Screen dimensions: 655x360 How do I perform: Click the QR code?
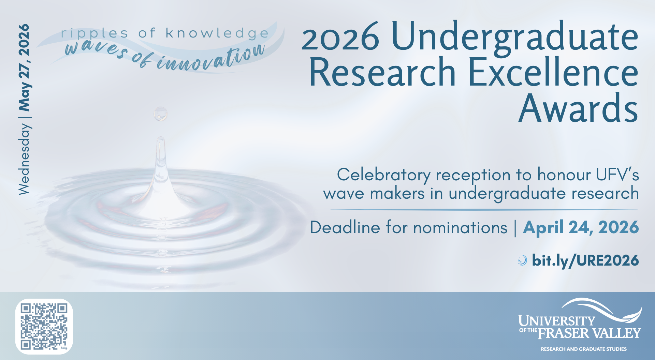pos(44,326)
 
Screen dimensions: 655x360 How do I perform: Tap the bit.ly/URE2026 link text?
pos(585,261)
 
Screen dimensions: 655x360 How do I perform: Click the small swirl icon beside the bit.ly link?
pos(522,260)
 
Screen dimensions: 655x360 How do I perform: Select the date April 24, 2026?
pos(581,228)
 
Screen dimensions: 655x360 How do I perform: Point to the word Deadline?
pos(345,227)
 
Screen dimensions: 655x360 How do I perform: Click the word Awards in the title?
pos(579,108)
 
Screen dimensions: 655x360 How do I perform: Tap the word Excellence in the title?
pos(553,72)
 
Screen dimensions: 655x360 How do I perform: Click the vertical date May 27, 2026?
pos(24,67)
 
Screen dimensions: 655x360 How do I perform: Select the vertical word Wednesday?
pos(24,159)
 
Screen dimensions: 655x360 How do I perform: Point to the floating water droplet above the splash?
pos(161,114)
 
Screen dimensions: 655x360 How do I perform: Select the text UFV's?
pos(617,175)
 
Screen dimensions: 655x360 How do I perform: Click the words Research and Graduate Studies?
pos(584,349)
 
